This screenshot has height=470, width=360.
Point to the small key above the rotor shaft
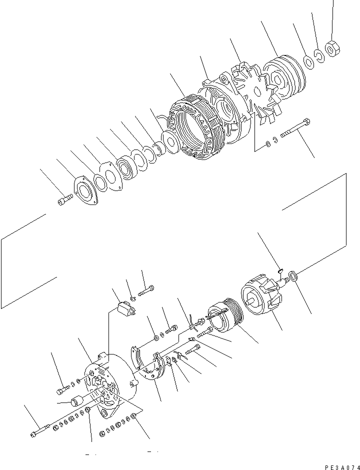click(280, 270)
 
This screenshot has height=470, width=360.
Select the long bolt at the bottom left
click(40, 431)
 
